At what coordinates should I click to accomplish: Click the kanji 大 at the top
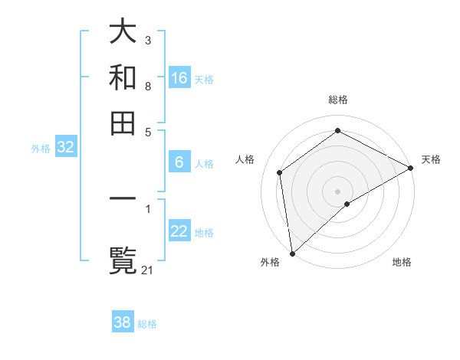(123, 32)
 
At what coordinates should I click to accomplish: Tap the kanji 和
(123, 77)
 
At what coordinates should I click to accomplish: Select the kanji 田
(123, 123)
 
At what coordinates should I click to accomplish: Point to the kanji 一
(123, 199)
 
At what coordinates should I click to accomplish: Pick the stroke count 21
(149, 269)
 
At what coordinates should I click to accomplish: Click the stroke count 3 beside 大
(147, 39)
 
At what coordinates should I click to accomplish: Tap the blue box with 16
(179, 77)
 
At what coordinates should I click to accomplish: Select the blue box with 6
(179, 162)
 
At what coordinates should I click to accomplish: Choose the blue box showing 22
(179, 231)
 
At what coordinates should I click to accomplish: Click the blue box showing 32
(66, 148)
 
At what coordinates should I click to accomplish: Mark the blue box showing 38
(123, 322)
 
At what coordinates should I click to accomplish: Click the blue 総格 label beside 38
(147, 324)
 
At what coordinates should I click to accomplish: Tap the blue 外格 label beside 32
(41, 149)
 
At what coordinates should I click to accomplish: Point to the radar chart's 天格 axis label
(431, 159)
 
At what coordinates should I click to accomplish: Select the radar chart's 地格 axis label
(402, 262)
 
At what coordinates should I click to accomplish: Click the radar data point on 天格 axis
(411, 169)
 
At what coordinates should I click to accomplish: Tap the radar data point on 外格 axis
(292, 253)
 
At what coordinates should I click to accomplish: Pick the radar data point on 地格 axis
(347, 204)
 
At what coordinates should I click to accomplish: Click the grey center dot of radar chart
(338, 191)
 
